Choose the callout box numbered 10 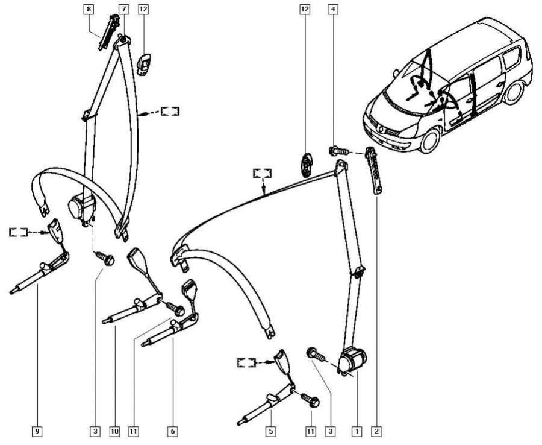[x=114, y=431]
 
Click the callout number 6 [x=173, y=431]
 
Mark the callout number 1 [x=357, y=431]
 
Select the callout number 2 [x=376, y=431]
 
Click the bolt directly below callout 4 [x=335, y=150]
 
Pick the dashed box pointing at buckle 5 [x=247, y=362]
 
